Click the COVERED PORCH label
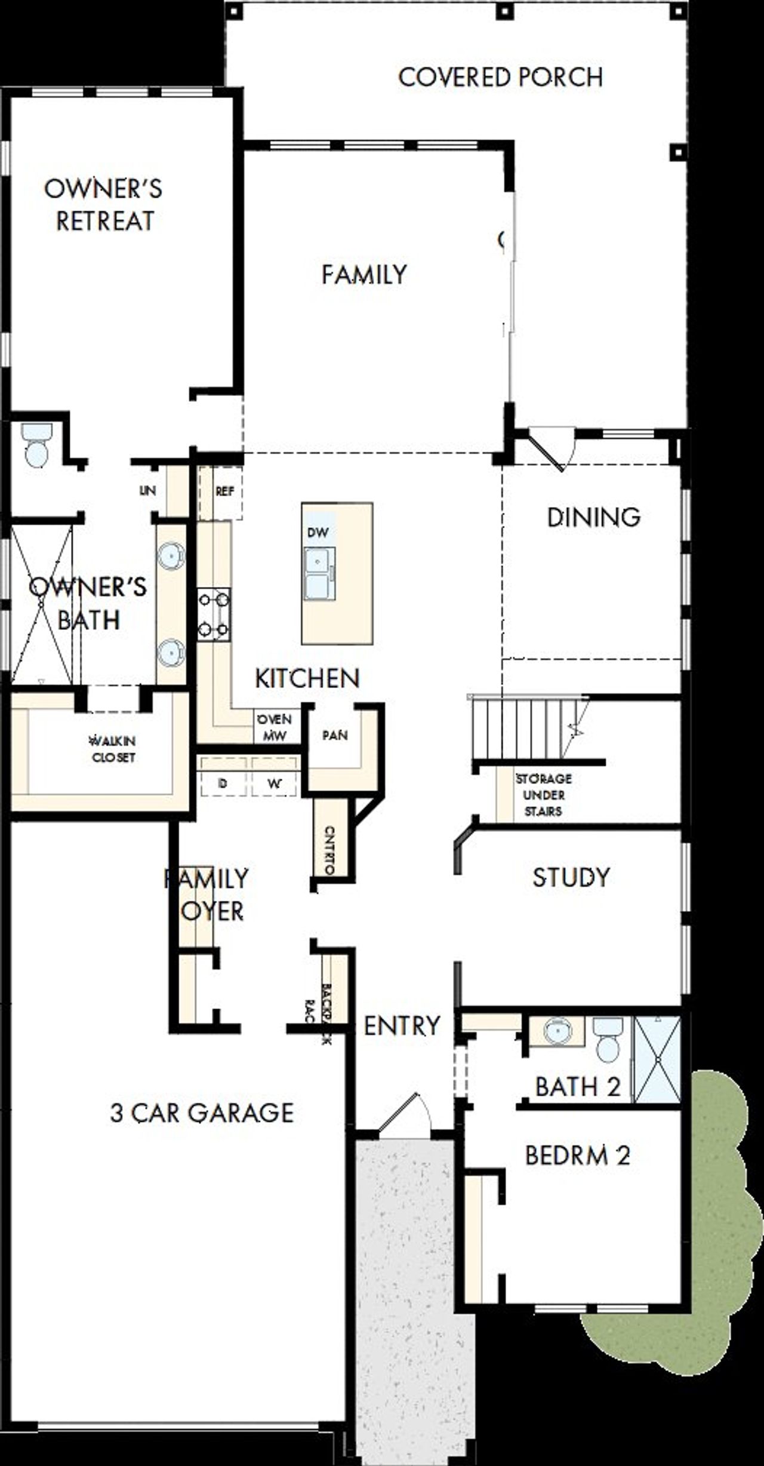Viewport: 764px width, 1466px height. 500,78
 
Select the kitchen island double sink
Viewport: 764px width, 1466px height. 319,573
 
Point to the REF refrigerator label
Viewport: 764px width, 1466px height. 224,491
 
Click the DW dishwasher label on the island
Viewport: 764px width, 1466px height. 318,532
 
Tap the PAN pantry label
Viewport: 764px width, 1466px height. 335,735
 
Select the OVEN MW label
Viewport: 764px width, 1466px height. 275,727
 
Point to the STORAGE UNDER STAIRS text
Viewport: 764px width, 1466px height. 543,795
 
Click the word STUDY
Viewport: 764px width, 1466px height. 571,877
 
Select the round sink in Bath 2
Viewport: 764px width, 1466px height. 557,1031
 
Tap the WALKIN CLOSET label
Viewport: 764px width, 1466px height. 113,749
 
